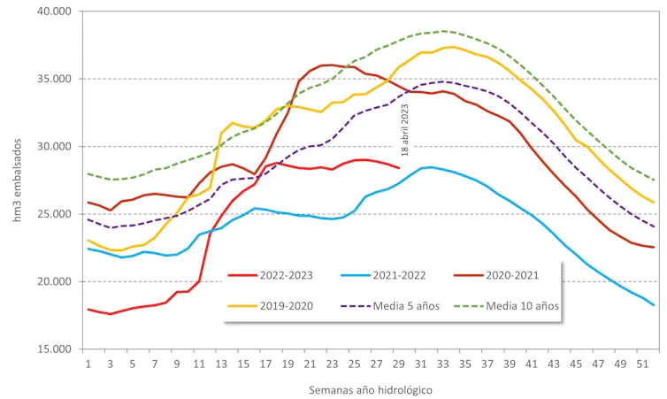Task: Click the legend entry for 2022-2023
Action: click(274, 275)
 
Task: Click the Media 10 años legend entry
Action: click(522, 307)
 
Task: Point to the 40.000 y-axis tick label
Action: click(56, 12)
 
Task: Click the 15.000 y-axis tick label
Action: click(56, 349)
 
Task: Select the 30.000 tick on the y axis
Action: click(56, 147)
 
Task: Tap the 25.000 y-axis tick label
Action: click(56, 214)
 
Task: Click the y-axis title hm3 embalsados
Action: click(17, 180)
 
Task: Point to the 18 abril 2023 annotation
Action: click(405, 130)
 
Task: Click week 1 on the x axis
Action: click(88, 364)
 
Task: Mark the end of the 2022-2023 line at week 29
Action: click(399, 168)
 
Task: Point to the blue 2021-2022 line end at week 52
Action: click(654, 305)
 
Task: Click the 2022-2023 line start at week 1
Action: click(88, 309)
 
